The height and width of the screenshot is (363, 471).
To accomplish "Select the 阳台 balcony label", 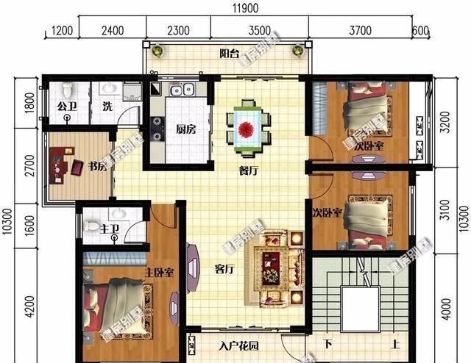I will pos(230,53).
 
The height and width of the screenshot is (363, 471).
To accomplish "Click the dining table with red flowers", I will pos(247,128).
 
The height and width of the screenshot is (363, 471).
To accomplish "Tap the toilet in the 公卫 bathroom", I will pos(68,91).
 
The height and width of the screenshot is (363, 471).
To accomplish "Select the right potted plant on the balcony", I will pos(297,51).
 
